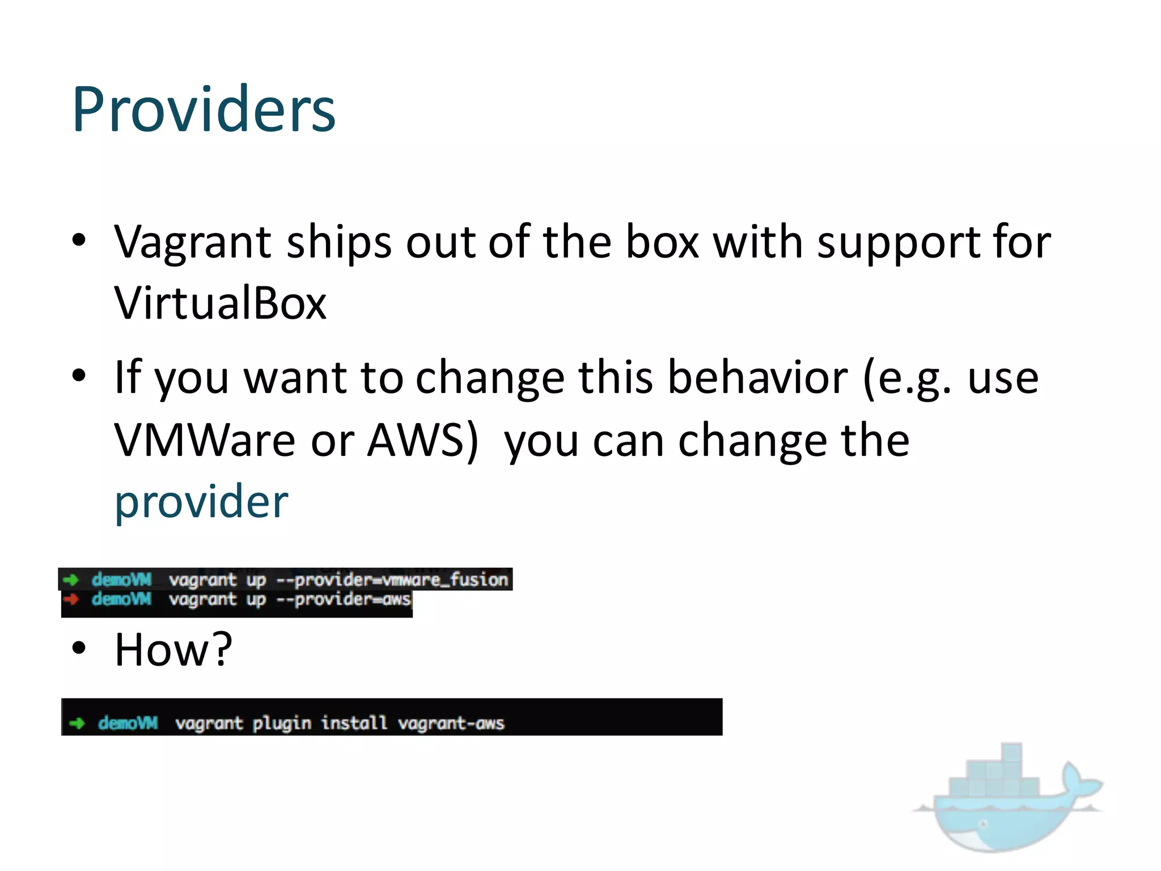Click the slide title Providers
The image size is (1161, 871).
tap(204, 109)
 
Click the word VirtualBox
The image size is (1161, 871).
tap(220, 303)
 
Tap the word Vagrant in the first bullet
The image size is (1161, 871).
tap(193, 242)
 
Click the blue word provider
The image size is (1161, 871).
tap(201, 502)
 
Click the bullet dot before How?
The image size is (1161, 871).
tap(79, 648)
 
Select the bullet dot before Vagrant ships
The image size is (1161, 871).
tap(79, 240)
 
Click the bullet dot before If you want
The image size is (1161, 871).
tap(79, 375)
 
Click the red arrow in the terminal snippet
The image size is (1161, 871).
tap(71, 599)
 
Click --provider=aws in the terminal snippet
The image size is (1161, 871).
tap(344, 599)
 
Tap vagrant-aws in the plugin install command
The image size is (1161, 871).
tap(451, 724)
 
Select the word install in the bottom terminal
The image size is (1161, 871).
tap(354, 724)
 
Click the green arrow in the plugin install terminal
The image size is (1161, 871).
tap(77, 723)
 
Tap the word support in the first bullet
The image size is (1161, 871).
tap(896, 242)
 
